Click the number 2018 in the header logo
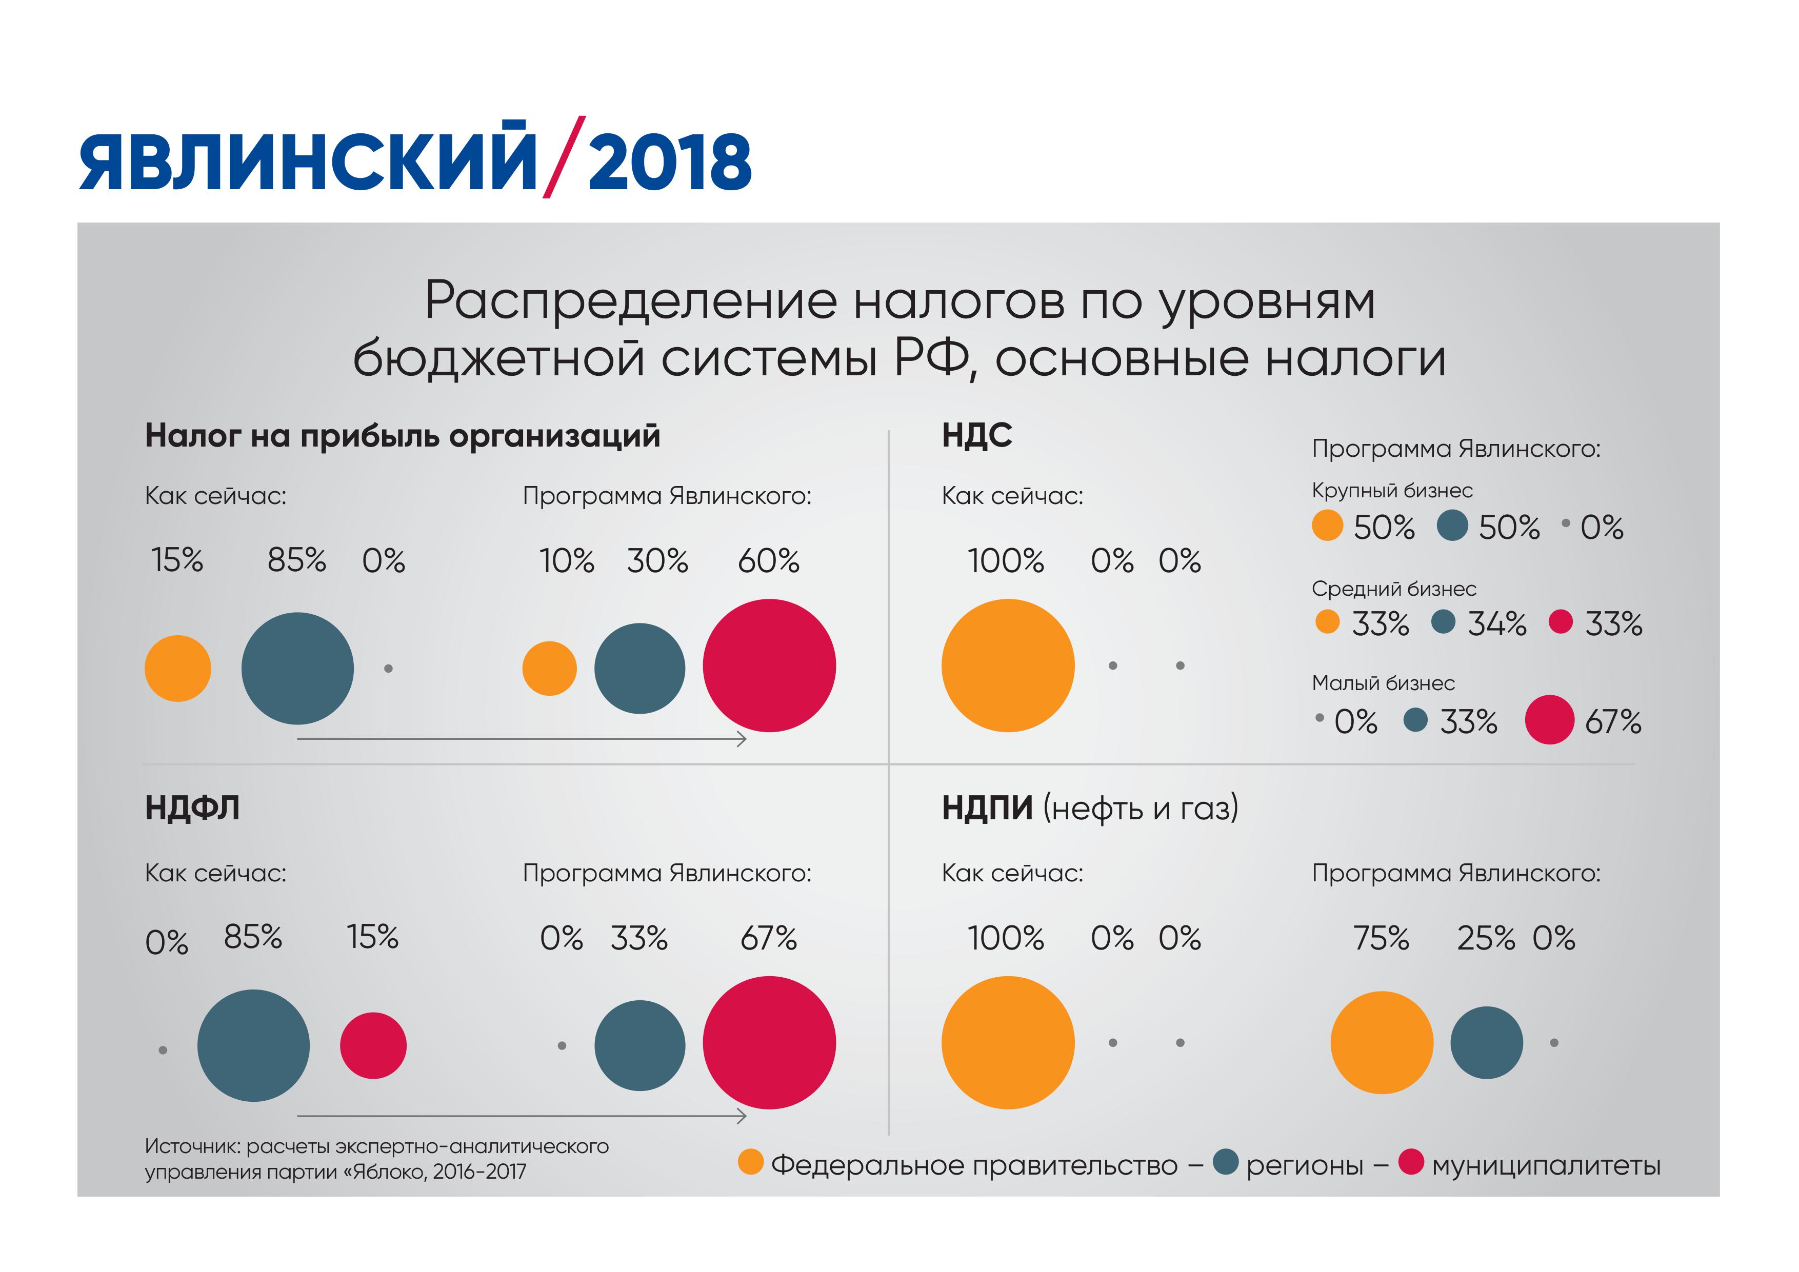point(670,161)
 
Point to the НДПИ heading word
point(987,807)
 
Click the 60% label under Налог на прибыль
point(769,561)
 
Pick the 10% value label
point(567,561)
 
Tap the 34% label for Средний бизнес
point(1496,624)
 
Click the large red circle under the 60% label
point(769,666)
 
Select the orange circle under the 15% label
point(178,668)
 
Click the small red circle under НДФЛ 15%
point(373,1045)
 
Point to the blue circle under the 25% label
point(1486,1042)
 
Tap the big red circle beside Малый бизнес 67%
point(1549,720)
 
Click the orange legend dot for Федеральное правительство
point(751,1162)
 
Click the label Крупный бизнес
point(1392,491)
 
